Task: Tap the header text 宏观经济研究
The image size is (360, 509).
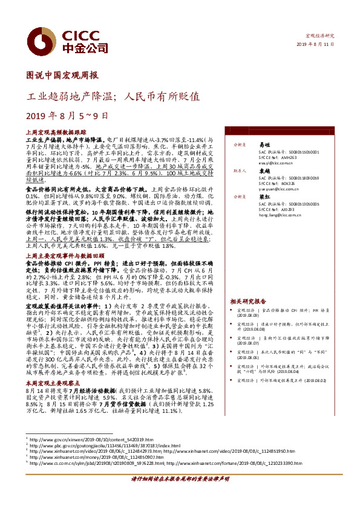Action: [x=321, y=37]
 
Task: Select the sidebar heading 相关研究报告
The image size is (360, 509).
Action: [x=248, y=300]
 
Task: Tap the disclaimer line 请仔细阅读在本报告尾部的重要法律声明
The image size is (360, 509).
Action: [x=180, y=494]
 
